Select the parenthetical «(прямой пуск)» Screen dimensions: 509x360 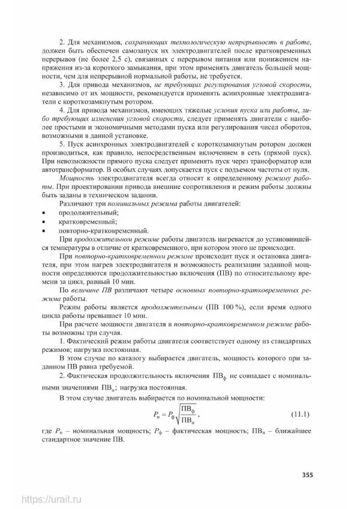click(289, 153)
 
